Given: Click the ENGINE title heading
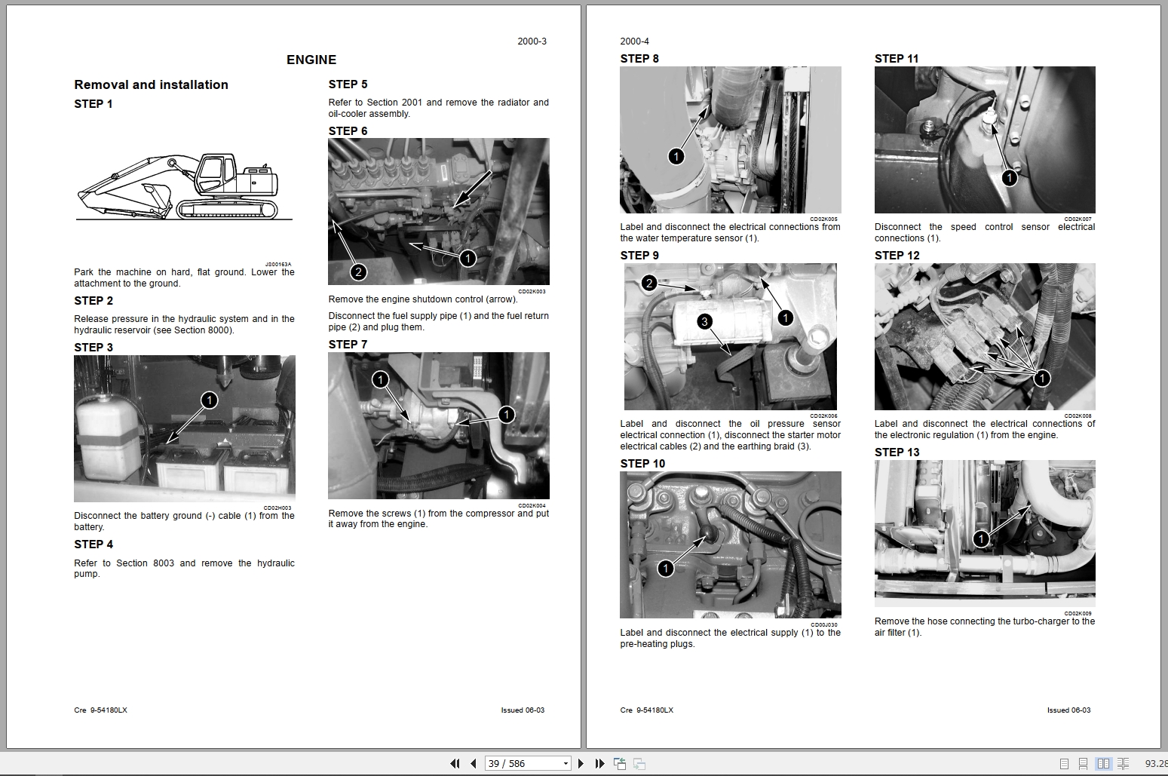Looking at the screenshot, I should coord(311,60).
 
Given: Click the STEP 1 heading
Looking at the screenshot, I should coord(94,104).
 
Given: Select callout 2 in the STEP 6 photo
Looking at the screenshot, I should coord(359,272).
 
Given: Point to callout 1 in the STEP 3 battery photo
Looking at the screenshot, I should coord(209,400).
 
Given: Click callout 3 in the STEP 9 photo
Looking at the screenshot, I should coord(704,322).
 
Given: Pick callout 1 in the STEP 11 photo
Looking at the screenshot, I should coord(1009,178).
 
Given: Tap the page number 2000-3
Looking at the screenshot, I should coord(532,41).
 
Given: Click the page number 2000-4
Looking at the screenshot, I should coord(634,41).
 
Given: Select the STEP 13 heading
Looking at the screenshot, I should coord(897,452).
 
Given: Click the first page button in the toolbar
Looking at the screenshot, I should coord(455,763).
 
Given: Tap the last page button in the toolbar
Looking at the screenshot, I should coord(599,763).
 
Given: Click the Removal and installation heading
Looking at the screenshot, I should coord(151,85).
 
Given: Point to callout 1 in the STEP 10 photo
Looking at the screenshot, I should coord(665,569).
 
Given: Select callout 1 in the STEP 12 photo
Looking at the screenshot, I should coord(1041,378).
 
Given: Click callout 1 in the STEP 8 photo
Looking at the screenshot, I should coord(676,156).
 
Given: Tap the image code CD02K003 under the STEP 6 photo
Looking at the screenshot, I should coord(532,291).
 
